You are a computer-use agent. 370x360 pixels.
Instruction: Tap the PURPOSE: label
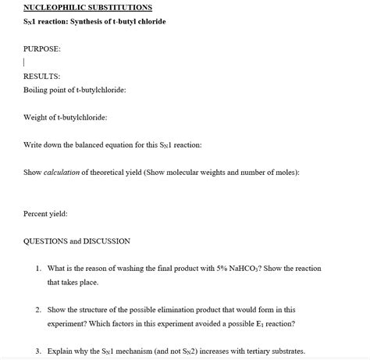(42, 48)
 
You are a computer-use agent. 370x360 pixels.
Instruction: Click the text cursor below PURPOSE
(25, 62)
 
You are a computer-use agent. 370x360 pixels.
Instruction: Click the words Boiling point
(46, 90)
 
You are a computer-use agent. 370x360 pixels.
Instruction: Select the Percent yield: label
(45, 213)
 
